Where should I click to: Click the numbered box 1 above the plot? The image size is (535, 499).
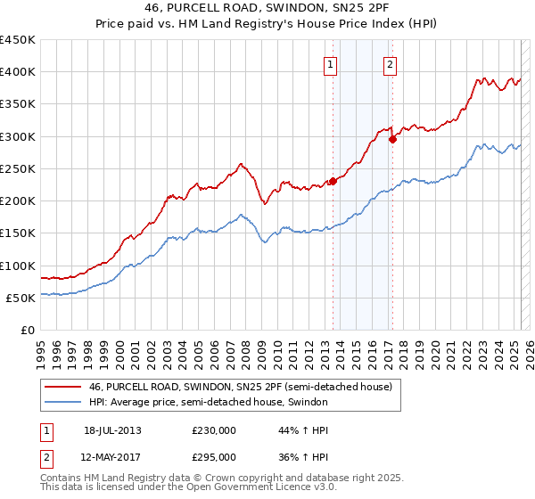(330, 64)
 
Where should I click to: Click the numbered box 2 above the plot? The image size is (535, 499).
(391, 64)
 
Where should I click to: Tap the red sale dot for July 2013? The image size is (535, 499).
(333, 181)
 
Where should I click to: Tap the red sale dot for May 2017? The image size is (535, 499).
(392, 139)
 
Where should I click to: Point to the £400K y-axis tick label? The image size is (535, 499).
(18, 72)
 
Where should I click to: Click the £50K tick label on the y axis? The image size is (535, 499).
(21, 298)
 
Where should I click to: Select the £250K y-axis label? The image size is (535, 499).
(18, 168)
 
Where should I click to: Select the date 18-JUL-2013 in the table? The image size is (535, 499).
(112, 430)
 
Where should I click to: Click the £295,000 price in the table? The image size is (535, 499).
(214, 457)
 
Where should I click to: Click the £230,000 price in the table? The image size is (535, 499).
(214, 430)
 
